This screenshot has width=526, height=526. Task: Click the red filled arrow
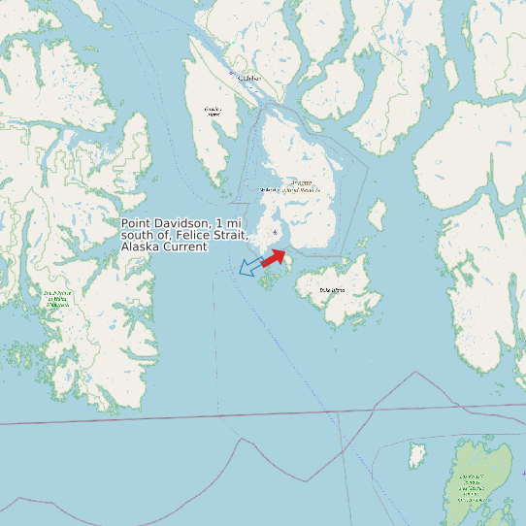tap(274, 257)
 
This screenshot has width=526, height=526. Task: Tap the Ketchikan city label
tap(249, 78)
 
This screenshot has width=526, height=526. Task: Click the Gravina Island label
tap(214, 111)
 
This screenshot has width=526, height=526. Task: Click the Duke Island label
tap(332, 289)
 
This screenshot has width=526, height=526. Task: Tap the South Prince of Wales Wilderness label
tap(56, 298)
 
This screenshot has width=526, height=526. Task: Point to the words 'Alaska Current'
tap(164, 247)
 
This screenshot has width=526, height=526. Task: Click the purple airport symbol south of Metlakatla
tap(276, 232)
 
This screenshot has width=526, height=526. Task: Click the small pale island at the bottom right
tap(418, 453)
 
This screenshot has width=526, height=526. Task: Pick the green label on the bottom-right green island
tap(473, 484)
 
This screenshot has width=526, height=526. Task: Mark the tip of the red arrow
tap(286, 250)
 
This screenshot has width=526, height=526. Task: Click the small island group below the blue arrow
tap(266, 282)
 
